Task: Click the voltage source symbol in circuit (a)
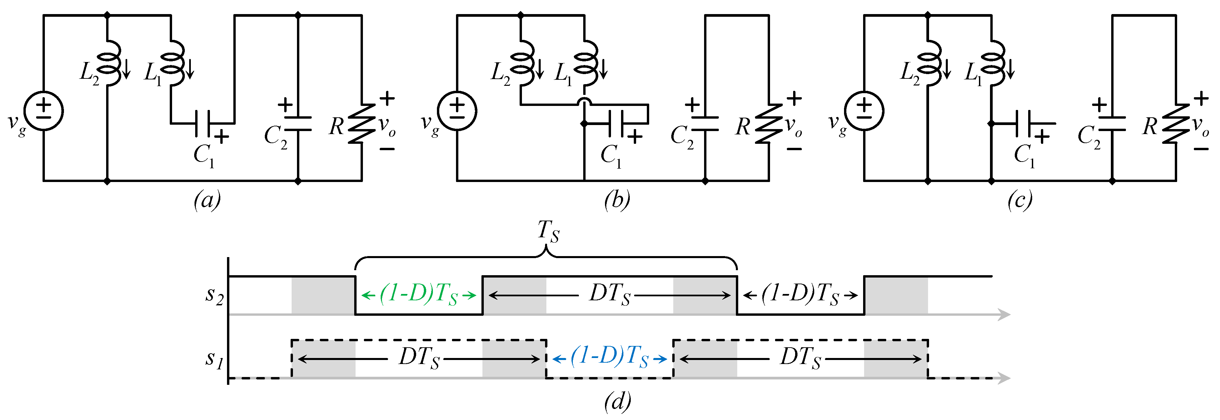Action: [x=44, y=111]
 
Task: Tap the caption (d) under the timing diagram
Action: [x=617, y=401]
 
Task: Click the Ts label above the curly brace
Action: [x=548, y=231]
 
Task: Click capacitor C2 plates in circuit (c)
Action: [x=1112, y=124]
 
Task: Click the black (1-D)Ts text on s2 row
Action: [x=800, y=295]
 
